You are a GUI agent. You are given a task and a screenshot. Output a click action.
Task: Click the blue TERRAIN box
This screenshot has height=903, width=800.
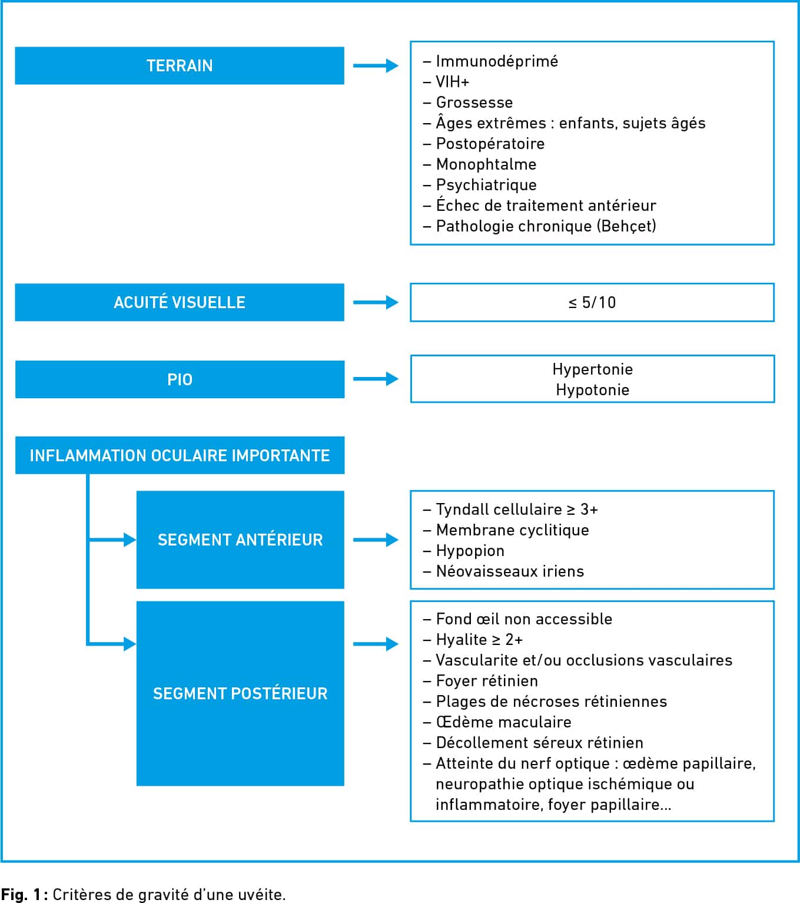coord(180,65)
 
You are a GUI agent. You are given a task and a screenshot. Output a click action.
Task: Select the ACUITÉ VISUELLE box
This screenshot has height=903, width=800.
coord(180,302)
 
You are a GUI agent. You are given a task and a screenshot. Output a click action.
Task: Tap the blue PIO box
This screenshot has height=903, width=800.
coord(180,379)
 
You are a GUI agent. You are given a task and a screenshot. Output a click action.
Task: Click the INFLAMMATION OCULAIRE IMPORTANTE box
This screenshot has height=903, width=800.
coord(180,455)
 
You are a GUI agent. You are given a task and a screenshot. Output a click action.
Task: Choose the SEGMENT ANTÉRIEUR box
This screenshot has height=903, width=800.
coord(240,540)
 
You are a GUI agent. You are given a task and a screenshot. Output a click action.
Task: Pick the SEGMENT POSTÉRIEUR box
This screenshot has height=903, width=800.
coord(240,693)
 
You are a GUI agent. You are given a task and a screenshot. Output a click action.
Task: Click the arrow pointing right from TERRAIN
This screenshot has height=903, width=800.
coord(376,65)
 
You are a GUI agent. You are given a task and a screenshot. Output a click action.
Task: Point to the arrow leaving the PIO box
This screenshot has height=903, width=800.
coord(376,379)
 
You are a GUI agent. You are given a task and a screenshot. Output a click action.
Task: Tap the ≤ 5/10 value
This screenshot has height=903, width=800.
coord(592,303)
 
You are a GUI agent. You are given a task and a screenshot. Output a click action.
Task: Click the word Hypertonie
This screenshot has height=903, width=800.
coord(592,369)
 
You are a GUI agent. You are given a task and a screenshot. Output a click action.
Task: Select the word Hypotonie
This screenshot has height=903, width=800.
coord(592,390)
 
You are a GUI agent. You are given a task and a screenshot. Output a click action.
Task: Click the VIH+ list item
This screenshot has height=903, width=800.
coord(452,82)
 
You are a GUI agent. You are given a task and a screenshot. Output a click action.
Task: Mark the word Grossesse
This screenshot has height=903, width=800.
coord(474,102)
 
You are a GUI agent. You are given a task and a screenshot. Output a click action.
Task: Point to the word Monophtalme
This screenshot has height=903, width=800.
coord(486,164)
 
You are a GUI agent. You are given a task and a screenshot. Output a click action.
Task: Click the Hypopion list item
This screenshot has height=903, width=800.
coord(470,551)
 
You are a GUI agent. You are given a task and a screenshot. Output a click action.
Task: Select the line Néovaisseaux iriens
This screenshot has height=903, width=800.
coord(510,571)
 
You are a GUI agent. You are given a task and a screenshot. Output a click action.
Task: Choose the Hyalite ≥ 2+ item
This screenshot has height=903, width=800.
coord(479,640)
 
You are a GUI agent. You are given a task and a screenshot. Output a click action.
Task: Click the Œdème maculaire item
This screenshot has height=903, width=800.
coord(503,722)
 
